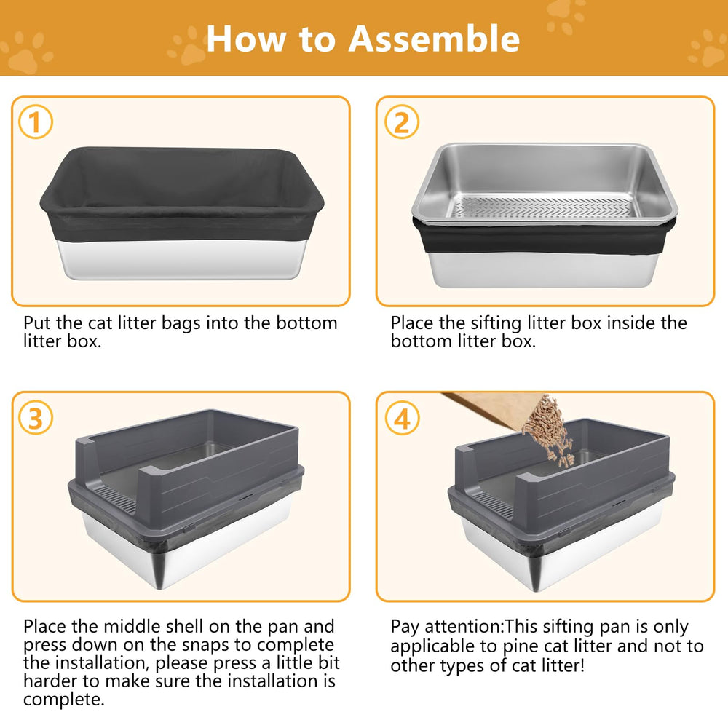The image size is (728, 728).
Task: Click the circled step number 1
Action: [x=36, y=123]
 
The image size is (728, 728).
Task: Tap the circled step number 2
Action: [x=401, y=123]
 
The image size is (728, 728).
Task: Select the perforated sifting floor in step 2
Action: [x=542, y=207]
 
